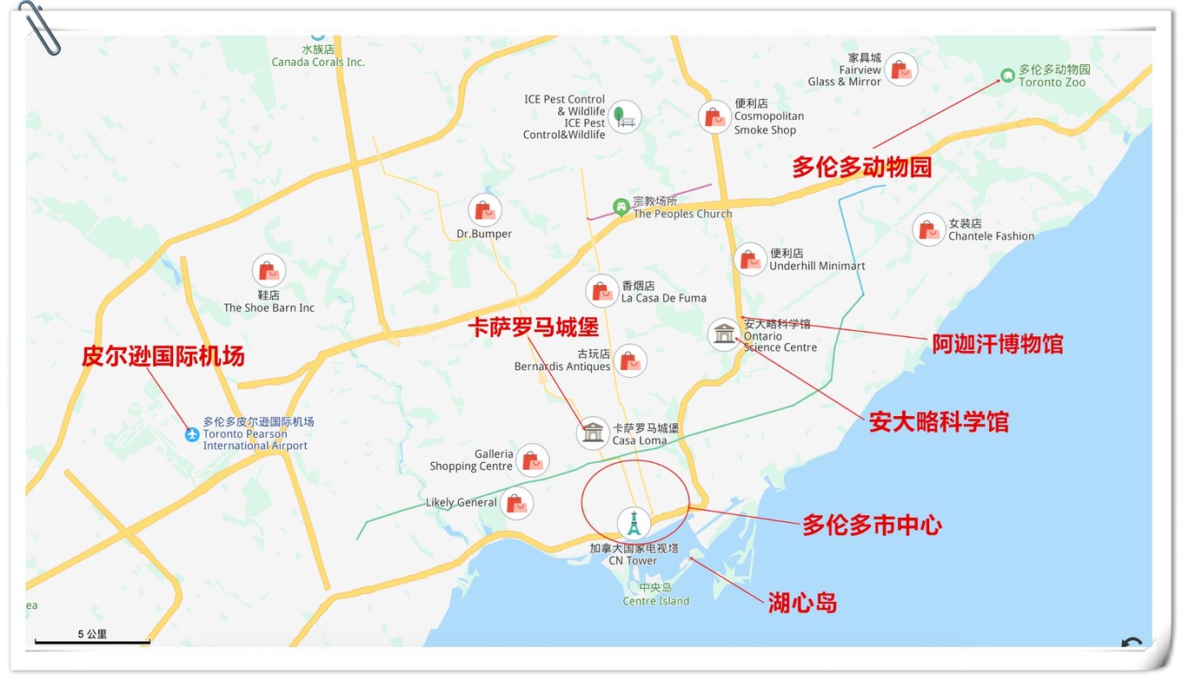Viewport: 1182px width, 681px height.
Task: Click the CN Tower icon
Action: [634, 523]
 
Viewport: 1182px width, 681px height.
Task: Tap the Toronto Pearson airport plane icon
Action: [192, 433]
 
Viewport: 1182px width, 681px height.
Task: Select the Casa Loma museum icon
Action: [593, 433]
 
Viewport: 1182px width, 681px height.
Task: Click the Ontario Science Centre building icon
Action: [723, 334]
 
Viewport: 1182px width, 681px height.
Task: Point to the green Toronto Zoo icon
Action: [1007, 76]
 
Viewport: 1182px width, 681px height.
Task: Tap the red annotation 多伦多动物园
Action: [861, 167]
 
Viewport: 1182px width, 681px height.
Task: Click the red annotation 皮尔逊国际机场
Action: [163, 356]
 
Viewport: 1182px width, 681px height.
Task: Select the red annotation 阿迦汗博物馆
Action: [997, 344]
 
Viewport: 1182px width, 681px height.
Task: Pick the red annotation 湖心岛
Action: [802, 603]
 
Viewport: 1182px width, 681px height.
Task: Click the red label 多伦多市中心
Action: [872, 525]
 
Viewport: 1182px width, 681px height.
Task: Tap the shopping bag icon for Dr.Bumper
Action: [484, 210]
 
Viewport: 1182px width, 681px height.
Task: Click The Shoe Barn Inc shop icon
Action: [269, 271]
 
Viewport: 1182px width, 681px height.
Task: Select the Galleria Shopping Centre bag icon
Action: [532, 460]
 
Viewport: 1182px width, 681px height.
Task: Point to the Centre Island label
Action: [656, 595]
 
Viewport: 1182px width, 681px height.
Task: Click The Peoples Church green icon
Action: [621, 207]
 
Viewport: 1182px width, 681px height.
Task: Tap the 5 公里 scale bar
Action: [92, 641]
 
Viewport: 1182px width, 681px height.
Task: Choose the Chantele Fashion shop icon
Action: [929, 229]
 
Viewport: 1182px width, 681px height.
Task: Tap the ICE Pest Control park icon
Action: [624, 116]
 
